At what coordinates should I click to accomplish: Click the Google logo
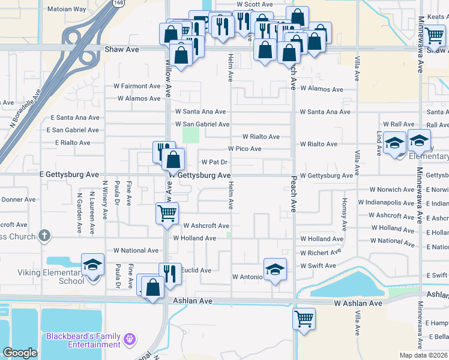click(x=20, y=353)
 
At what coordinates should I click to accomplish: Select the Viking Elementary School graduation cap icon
click(x=93, y=265)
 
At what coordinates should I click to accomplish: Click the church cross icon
click(x=44, y=236)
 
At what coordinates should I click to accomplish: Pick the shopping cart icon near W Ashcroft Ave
click(x=167, y=213)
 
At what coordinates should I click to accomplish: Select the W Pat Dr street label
click(x=214, y=162)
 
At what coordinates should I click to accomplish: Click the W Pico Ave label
click(x=244, y=148)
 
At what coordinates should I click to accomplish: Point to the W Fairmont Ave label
click(x=137, y=86)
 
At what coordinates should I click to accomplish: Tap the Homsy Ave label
click(x=344, y=215)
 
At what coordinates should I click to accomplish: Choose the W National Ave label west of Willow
click(x=136, y=250)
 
